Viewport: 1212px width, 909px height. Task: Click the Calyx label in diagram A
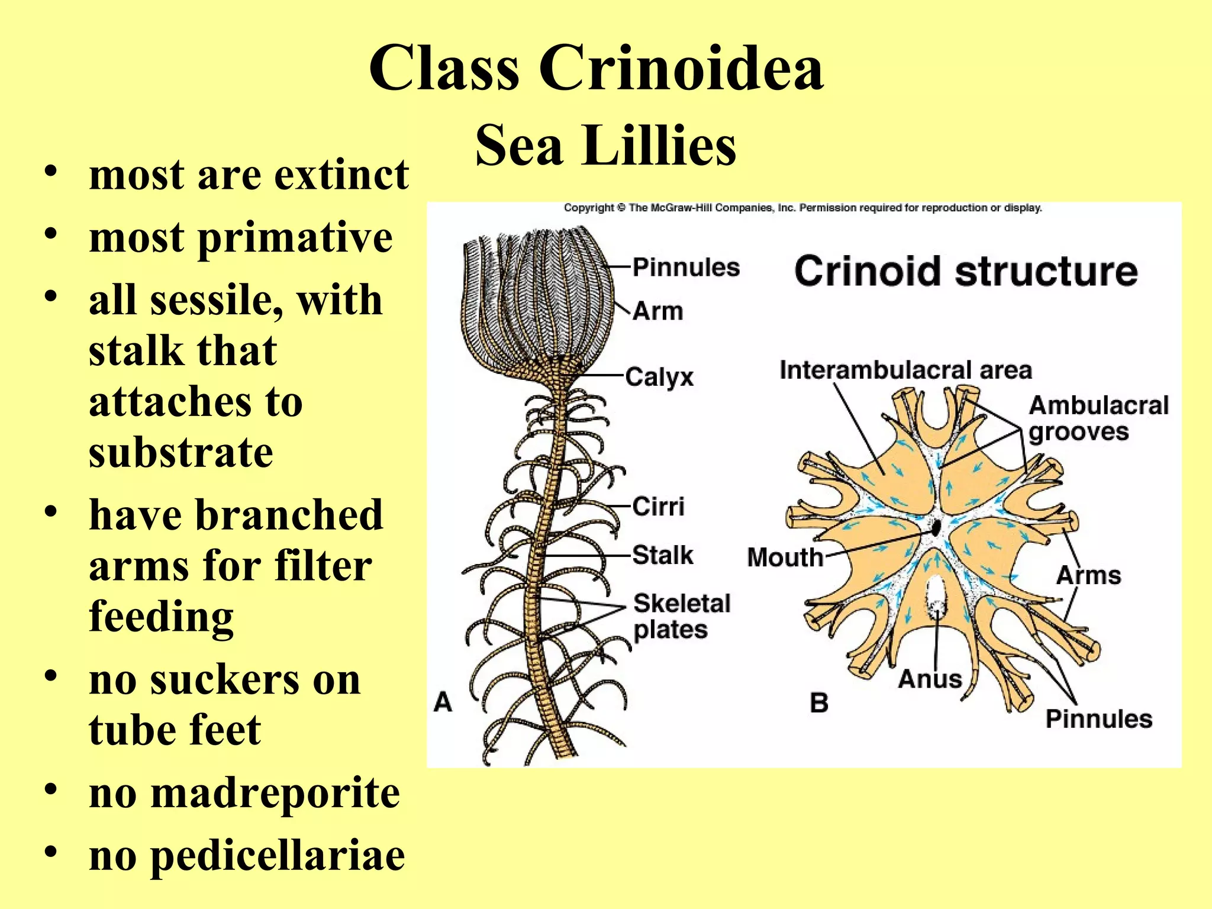(x=659, y=377)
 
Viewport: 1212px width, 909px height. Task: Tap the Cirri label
(x=658, y=507)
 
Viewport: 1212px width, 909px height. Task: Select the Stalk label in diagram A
(x=662, y=555)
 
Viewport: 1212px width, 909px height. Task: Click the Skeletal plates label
(x=682, y=616)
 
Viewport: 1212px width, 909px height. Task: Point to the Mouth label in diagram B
(x=785, y=557)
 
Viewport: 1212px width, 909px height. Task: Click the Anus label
(x=930, y=679)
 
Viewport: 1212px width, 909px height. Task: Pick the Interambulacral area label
(x=905, y=370)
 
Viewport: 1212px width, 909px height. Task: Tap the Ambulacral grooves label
(x=1098, y=418)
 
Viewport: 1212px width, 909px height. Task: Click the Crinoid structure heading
(x=965, y=272)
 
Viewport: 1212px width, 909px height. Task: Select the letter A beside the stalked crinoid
(x=443, y=702)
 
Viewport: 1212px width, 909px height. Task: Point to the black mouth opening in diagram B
(x=936, y=527)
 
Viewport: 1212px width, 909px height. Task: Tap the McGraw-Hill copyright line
(x=802, y=208)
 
